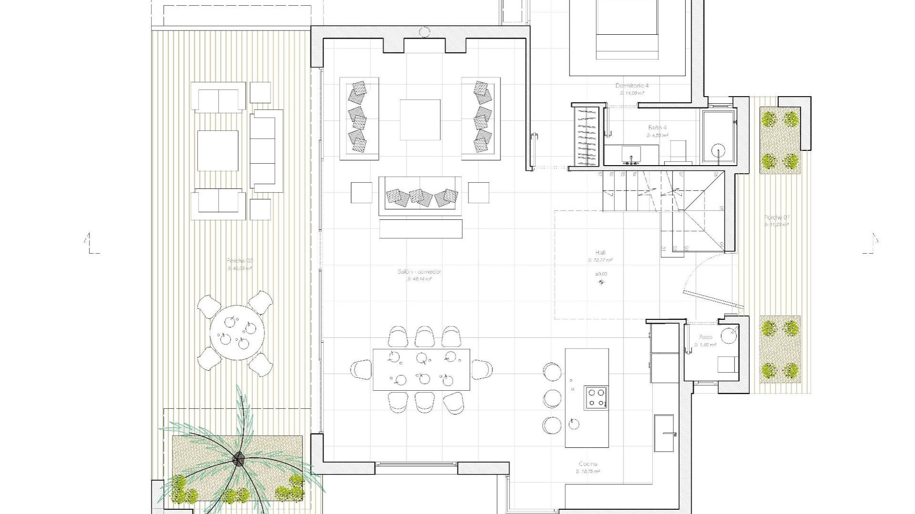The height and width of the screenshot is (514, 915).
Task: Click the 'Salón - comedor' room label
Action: [x=419, y=272]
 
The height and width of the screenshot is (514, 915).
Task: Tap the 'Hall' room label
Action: [x=600, y=253]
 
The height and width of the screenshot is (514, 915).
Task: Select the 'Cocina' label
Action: [x=588, y=464]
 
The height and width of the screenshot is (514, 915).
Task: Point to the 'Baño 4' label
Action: [x=657, y=128]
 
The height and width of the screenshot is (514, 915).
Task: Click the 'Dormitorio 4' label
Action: [x=632, y=86]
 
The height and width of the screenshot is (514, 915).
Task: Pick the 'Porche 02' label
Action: [x=240, y=261]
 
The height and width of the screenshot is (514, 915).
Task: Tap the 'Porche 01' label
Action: [x=777, y=217]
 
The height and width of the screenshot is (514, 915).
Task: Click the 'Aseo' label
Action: [x=706, y=337]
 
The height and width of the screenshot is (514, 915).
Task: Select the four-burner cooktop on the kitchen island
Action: [x=596, y=398]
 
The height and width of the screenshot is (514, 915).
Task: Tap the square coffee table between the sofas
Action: [x=420, y=119]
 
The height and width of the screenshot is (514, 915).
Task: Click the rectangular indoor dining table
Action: [x=421, y=369]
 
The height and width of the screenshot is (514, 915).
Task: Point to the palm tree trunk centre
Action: [x=238, y=459]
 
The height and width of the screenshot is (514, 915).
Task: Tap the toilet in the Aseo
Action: [x=728, y=336]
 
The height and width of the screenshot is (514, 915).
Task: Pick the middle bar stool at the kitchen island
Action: [x=552, y=397]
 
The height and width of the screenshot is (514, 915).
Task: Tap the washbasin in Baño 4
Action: [x=631, y=155]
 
